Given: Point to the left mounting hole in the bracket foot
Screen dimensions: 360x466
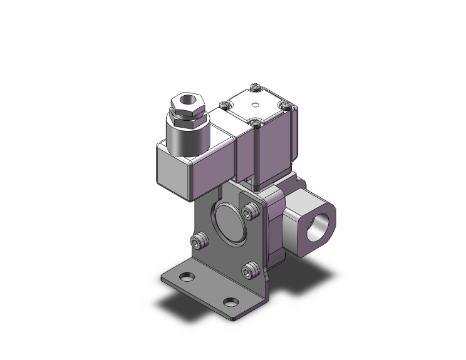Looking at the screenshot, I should [x=186, y=277].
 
